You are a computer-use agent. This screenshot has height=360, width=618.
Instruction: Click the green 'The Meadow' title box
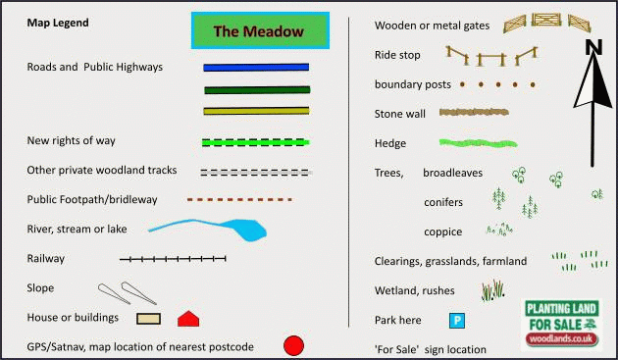point(259,31)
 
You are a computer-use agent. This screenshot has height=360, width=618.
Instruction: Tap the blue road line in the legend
point(256,68)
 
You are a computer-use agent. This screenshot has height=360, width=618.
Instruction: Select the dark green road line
point(256,89)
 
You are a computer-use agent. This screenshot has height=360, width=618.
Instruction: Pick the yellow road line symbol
point(256,111)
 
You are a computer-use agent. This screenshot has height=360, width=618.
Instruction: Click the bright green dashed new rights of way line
point(255,142)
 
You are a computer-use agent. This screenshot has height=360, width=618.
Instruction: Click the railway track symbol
point(173,259)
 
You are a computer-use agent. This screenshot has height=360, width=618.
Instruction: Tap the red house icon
point(188,319)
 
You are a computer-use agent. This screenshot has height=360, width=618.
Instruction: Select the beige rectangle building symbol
point(148,319)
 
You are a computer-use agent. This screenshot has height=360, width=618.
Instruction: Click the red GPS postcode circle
point(293,346)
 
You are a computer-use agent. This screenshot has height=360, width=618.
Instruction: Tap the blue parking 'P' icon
point(456,320)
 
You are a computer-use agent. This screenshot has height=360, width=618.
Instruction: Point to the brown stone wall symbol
point(475,113)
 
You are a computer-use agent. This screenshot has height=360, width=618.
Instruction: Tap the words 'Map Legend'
point(58,22)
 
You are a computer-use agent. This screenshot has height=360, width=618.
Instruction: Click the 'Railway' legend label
point(47,259)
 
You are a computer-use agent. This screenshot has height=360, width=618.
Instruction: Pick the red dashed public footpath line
point(239,199)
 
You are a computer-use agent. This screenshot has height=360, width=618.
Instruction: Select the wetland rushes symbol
point(493,290)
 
